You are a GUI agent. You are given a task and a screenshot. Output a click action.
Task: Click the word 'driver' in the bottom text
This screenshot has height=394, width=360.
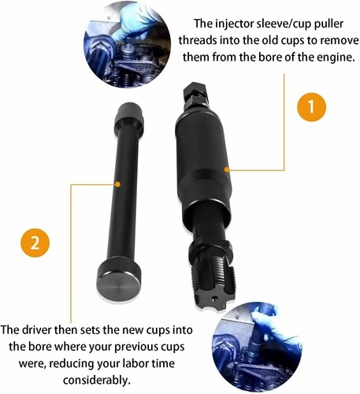[56, 329]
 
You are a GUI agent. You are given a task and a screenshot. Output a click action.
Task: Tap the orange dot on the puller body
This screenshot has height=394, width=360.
[226, 168]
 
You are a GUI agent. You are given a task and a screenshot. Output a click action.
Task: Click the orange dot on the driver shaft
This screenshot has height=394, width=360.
[117, 184]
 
